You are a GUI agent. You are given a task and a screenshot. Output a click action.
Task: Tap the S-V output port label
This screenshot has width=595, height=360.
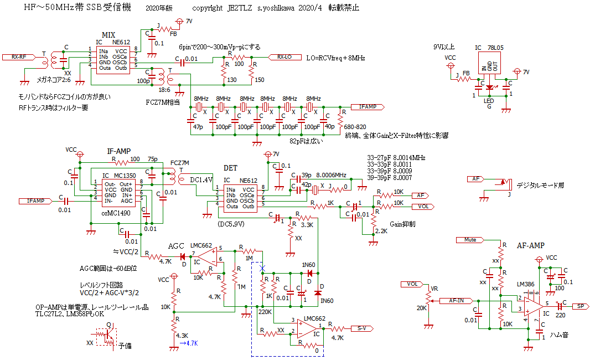361,328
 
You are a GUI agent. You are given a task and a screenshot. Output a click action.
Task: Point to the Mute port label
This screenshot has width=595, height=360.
470,240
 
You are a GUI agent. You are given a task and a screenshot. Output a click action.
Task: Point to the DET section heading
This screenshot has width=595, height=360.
230,167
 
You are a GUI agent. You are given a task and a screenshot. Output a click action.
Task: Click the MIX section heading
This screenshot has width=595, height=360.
108,35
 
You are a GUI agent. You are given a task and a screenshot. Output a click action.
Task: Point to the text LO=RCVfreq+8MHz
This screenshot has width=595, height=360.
335,58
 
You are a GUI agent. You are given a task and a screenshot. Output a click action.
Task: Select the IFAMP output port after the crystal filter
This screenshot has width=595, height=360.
366,106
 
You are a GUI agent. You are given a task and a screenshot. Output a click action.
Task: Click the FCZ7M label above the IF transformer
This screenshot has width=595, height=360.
180,163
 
